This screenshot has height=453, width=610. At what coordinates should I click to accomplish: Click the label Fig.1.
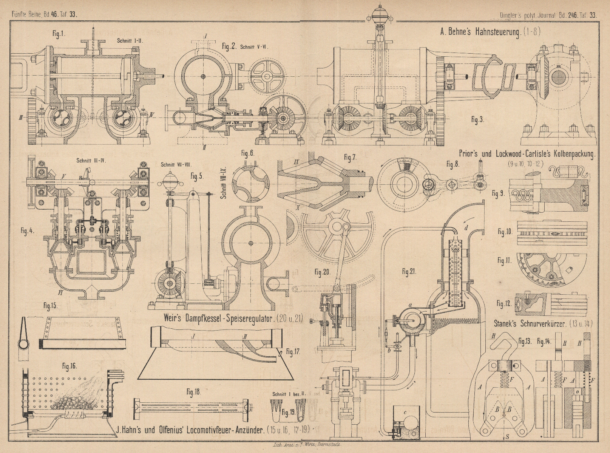tap(59, 33)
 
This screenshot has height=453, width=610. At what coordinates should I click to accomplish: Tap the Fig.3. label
tap(477, 120)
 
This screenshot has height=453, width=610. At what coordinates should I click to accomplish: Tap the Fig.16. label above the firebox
tap(70, 365)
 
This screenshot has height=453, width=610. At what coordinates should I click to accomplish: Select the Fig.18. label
tap(192, 392)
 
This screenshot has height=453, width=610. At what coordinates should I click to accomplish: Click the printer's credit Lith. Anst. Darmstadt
tap(304, 445)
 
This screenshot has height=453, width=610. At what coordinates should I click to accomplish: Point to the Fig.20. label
tap(323, 272)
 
